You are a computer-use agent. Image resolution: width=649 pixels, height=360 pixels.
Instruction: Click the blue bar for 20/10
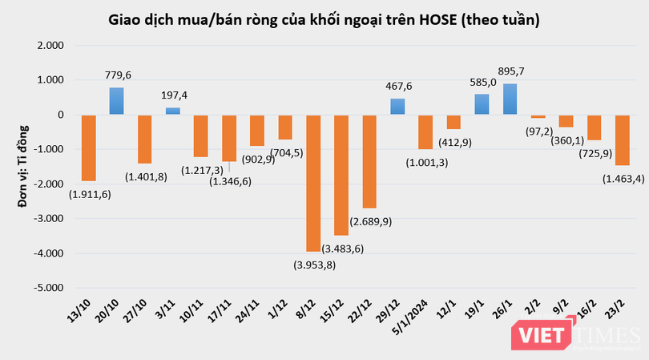[x=116, y=101]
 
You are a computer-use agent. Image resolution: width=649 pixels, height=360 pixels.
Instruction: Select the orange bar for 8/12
[x=313, y=183]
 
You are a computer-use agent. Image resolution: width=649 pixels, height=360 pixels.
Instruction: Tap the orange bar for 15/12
[x=341, y=175]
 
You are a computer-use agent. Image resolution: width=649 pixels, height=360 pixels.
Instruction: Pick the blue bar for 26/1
[x=510, y=99]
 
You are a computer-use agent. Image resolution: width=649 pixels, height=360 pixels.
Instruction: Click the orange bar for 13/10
[x=88, y=148]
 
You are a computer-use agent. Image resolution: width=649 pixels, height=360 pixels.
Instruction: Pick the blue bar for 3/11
[x=172, y=111]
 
